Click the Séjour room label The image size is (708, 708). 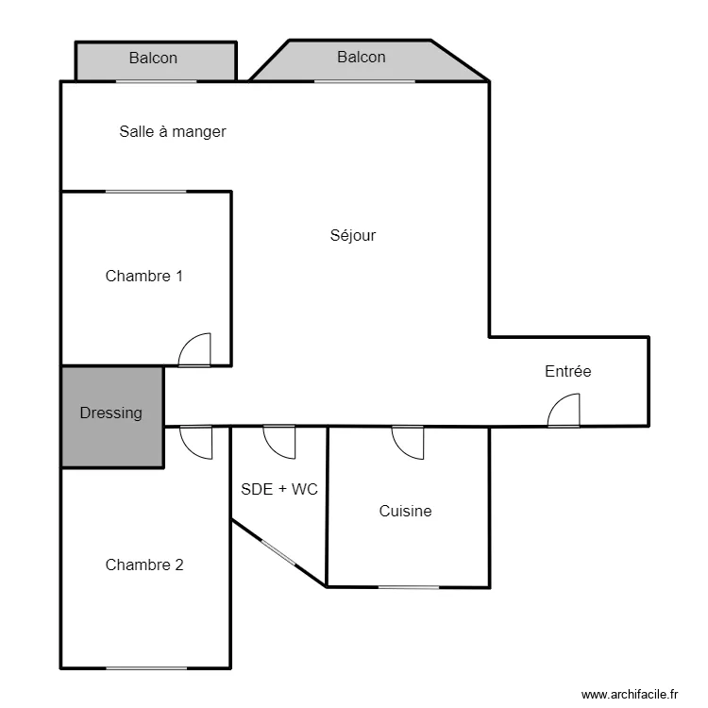[x=353, y=236]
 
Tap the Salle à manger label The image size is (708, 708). [x=173, y=131]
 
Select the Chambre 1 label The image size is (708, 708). [x=144, y=276]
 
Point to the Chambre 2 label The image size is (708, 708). [x=144, y=565]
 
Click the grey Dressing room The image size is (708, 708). [x=112, y=417]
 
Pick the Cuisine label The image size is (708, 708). [x=405, y=511]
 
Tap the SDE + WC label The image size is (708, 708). [x=279, y=489]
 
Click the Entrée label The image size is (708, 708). [x=568, y=371]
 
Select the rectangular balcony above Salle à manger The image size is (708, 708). [x=156, y=61]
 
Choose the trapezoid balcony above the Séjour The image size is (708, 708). [x=368, y=61]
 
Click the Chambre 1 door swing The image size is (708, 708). [x=194, y=349]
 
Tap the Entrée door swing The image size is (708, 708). [x=564, y=410]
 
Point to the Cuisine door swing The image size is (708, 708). [x=408, y=443]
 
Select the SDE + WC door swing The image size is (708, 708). [x=279, y=443]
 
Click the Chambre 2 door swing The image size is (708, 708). [x=196, y=443]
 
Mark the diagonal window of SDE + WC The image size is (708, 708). [x=278, y=552]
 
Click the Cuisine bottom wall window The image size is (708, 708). [x=409, y=587]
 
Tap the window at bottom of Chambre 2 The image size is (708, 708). [x=146, y=668]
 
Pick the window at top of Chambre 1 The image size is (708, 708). [x=145, y=192]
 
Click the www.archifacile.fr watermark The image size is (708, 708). [x=630, y=694]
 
